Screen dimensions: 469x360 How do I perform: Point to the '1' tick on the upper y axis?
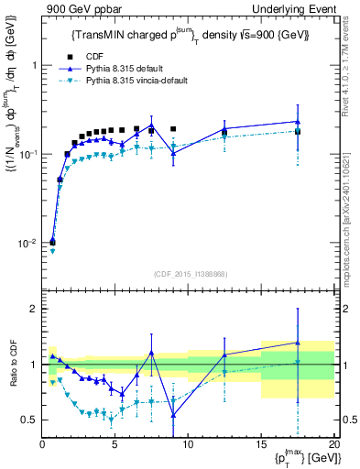(x=34, y=66)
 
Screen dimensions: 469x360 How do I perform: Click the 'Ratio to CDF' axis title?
(x=11, y=365)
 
